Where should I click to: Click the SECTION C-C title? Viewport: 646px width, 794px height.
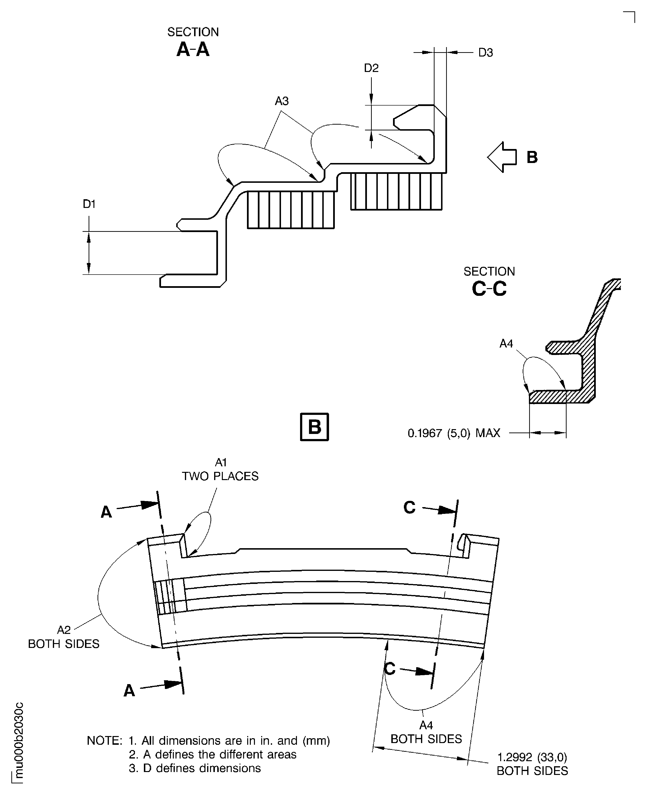pos(489,282)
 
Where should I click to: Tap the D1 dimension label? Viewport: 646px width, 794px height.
pos(89,204)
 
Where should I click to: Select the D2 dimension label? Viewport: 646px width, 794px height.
pos(371,68)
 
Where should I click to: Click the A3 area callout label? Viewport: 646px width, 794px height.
pos(282,101)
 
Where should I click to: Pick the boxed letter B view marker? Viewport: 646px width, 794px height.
pos(315,427)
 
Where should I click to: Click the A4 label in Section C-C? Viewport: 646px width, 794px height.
pos(506,344)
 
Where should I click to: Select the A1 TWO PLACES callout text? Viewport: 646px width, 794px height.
pos(220,469)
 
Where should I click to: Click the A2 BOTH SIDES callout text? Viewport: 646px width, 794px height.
pos(64,637)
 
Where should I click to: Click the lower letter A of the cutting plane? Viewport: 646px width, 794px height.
pos(129,691)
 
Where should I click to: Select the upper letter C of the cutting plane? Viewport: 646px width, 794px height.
pos(409,507)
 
